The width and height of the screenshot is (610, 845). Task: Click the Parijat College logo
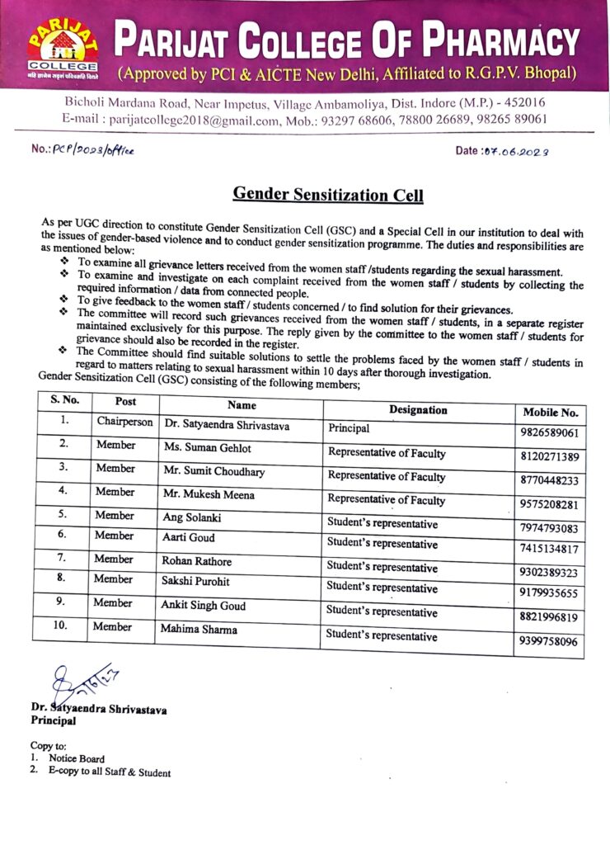[61, 47]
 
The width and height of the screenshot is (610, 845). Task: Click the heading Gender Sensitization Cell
[327, 195]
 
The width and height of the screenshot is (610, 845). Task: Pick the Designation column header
[418, 410]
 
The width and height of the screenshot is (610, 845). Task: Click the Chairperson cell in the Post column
[124, 422]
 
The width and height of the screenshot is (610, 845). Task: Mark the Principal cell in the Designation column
[350, 429]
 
